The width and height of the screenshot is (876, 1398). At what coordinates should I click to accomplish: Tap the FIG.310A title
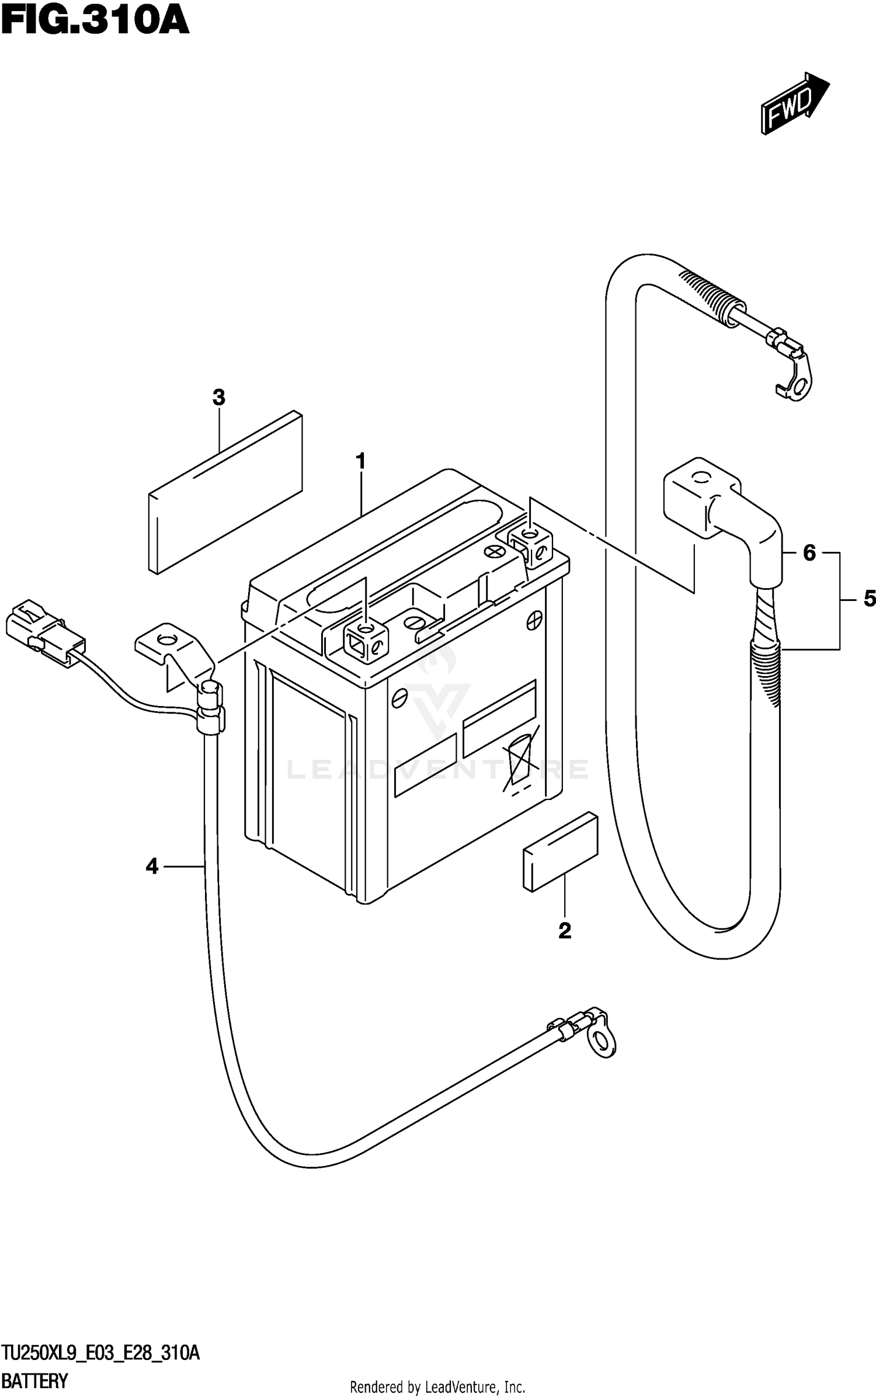(x=95, y=22)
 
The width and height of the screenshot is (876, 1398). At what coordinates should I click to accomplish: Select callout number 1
(x=361, y=461)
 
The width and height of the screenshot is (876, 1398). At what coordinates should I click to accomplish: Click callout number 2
(x=565, y=930)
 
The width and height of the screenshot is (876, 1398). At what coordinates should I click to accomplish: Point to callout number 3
(x=218, y=398)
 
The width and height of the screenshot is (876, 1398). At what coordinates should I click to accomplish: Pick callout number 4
(x=152, y=867)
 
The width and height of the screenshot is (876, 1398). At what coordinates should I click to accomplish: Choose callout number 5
(x=869, y=599)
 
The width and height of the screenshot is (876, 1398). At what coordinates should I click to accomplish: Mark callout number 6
(x=809, y=552)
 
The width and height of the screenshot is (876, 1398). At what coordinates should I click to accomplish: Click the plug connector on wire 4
(x=44, y=633)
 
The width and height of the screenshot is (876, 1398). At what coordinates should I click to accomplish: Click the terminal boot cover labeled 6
(x=724, y=514)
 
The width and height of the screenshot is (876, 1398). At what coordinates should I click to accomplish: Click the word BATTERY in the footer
(x=35, y=1381)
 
